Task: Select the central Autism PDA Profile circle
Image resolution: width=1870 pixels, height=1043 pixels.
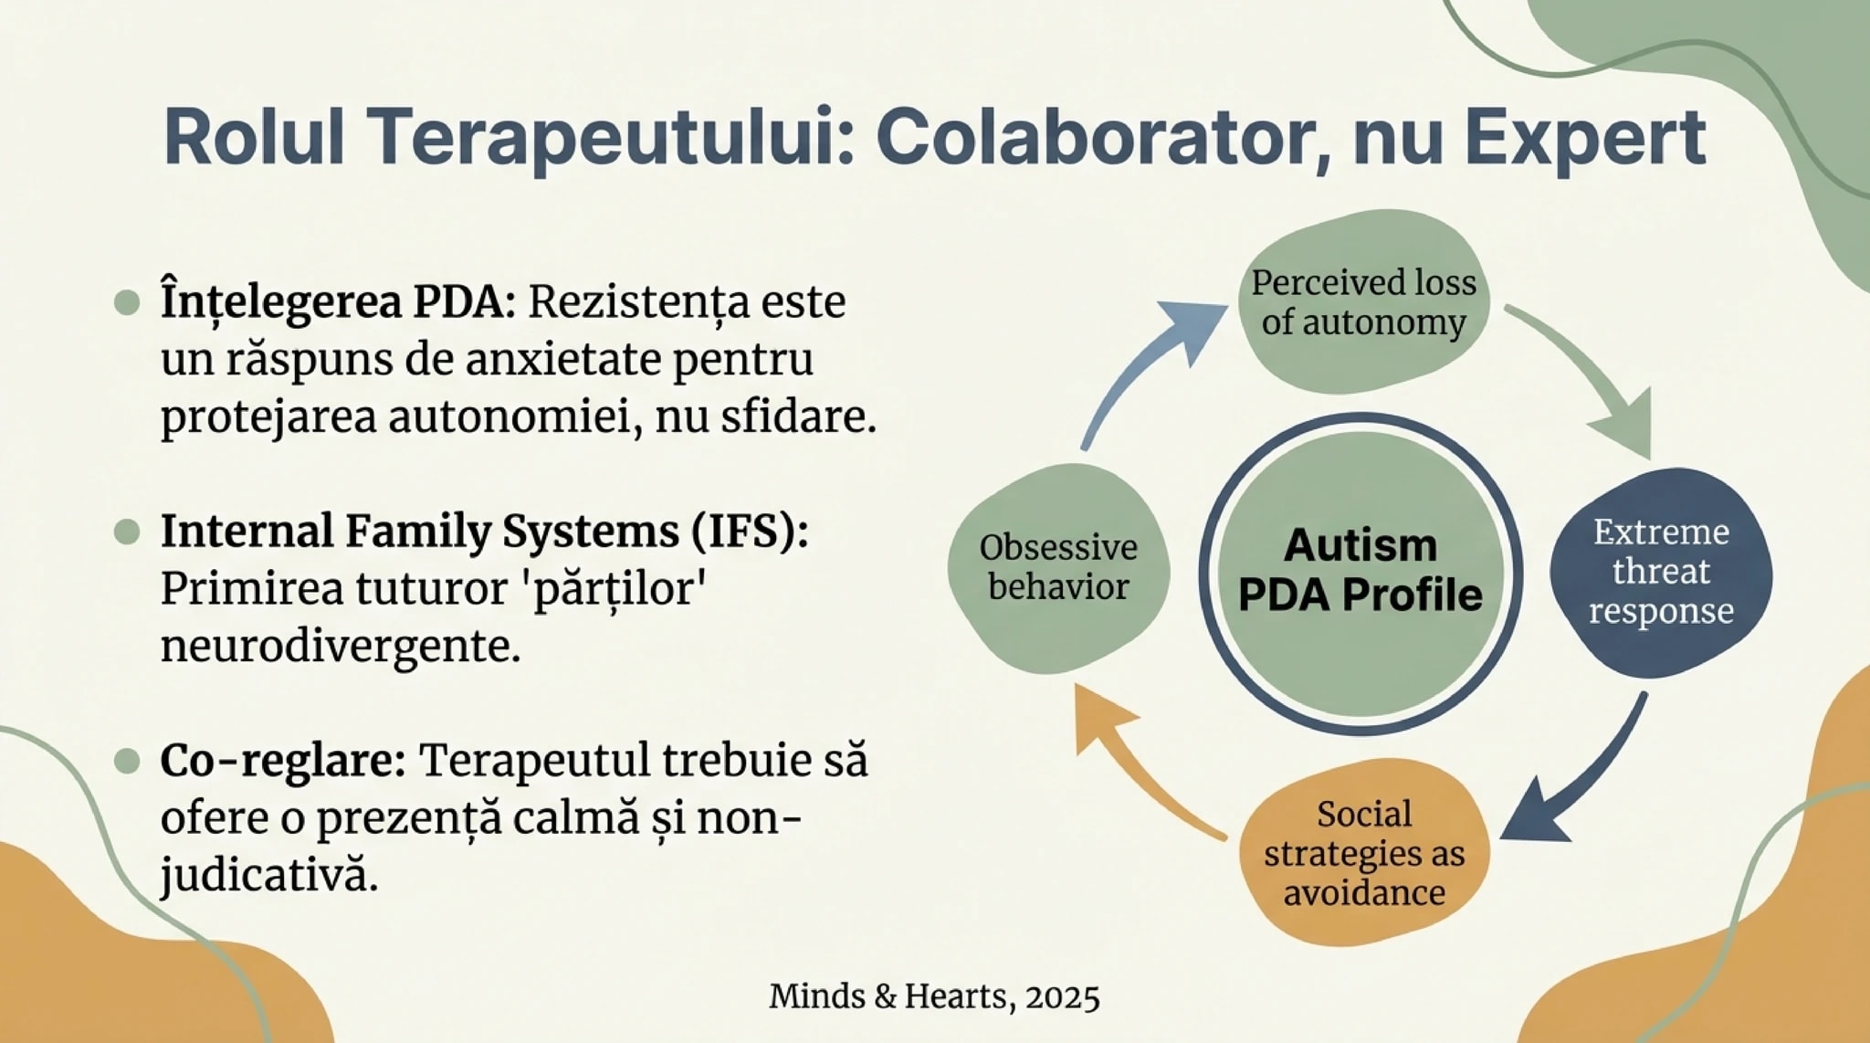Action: coord(1360,573)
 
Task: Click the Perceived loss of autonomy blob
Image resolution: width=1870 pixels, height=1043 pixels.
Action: coord(1363,302)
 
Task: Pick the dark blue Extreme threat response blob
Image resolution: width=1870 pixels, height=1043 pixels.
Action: coord(1661,572)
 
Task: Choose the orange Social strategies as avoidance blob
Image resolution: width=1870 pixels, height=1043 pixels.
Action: coord(1363,853)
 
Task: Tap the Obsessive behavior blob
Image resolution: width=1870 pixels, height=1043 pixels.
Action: coord(1058,567)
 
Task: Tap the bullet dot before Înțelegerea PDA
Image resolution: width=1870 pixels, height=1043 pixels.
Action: coord(127,302)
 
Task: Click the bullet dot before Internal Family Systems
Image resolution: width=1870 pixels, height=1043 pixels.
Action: coord(127,532)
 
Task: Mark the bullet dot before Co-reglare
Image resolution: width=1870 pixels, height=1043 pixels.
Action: coord(127,761)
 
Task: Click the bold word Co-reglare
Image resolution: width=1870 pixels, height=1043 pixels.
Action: coord(282,760)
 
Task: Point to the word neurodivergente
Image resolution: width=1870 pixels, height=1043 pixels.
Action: coord(340,647)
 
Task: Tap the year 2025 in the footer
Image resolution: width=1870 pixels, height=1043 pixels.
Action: coord(1062,996)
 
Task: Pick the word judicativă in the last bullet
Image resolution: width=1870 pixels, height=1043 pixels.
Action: coord(268,876)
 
